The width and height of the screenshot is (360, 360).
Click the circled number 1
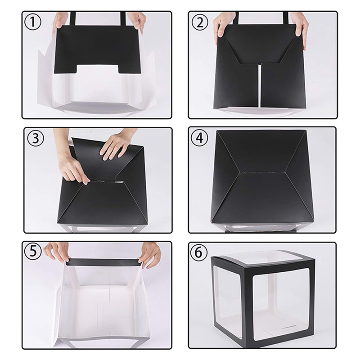32,22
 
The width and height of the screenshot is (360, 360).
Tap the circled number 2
200,22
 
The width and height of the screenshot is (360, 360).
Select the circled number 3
35,139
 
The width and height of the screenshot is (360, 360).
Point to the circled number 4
199,138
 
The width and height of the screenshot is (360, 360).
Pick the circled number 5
33,252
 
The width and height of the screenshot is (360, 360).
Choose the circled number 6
199,252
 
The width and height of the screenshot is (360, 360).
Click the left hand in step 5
57,252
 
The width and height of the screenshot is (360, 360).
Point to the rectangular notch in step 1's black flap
98,69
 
